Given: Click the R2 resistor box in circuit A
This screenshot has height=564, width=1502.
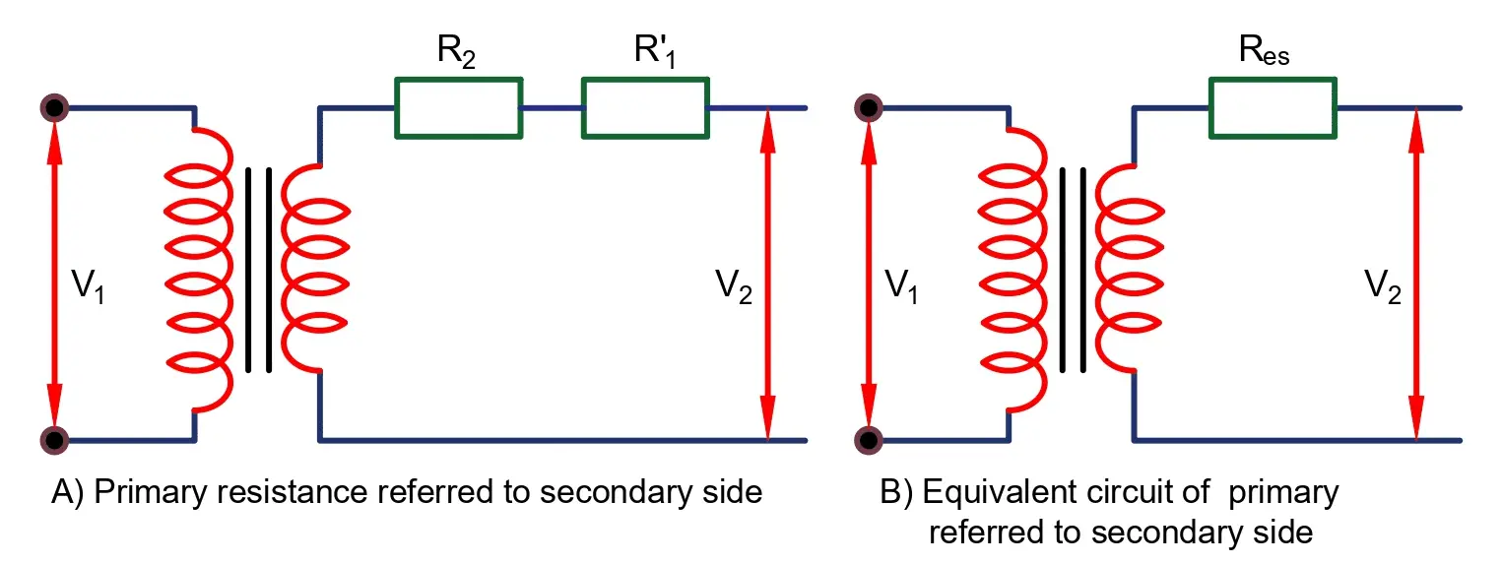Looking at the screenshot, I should point(458,108).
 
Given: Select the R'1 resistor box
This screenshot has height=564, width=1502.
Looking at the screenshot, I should point(644,108).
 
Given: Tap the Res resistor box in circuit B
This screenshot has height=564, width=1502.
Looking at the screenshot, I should point(1273,108).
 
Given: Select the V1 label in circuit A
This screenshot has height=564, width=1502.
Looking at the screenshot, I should point(90,284).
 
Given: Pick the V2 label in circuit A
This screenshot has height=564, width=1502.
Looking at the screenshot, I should point(734,284).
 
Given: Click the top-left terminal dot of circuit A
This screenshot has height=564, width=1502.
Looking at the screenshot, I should point(54,107).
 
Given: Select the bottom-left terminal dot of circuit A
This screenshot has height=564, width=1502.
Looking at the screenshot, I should point(54,439).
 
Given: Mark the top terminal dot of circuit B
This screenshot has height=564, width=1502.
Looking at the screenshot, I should point(868,107).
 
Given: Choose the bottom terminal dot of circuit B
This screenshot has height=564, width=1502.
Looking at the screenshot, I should point(868,439).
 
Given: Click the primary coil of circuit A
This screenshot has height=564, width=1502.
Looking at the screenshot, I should point(199,271).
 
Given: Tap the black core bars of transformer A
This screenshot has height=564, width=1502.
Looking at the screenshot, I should point(258,271).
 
